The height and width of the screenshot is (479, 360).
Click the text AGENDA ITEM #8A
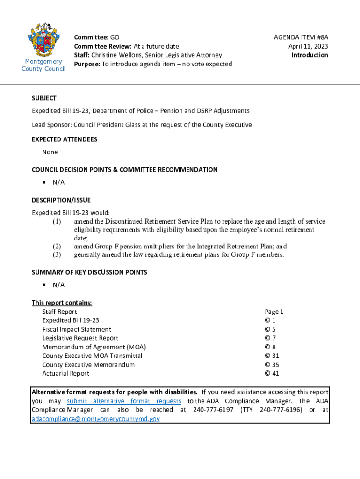301,37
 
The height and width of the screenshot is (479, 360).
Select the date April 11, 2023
308,46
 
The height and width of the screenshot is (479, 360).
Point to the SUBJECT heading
44,98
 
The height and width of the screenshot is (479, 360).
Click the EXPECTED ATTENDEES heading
65,139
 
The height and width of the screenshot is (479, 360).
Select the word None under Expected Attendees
50,152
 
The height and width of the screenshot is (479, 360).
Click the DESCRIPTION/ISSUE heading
61,200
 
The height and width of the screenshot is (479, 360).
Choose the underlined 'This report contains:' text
62,303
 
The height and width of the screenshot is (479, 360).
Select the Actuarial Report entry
65,373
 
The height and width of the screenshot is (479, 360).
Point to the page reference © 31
272,356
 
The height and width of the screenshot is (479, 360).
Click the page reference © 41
272,373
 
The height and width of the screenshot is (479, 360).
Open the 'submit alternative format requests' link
124,401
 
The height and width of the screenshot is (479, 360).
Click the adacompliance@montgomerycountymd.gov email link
95,419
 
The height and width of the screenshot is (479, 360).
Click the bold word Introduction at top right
310,55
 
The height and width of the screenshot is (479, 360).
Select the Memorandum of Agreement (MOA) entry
94,347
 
